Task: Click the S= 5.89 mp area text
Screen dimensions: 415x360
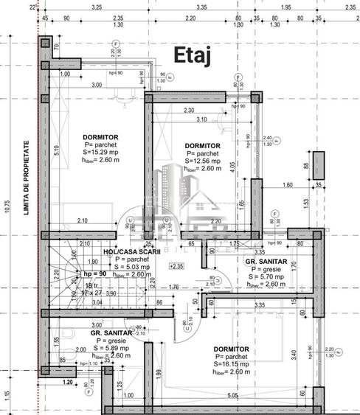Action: click(114, 348)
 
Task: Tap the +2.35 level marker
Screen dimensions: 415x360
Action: click(177, 266)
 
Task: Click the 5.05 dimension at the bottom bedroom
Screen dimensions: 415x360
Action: click(232, 397)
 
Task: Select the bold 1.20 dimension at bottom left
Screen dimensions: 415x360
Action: click(69, 382)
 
